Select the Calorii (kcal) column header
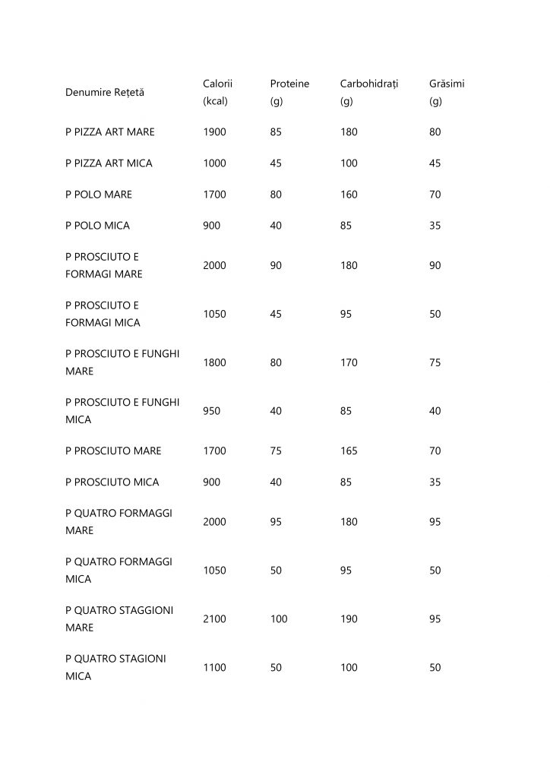tap(218, 93)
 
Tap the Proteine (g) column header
tap(289, 93)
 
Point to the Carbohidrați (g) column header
tap(369, 93)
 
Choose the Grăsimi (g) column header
tap(447, 93)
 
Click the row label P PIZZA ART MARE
tap(110, 132)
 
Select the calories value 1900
tap(215, 132)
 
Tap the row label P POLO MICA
tap(98, 226)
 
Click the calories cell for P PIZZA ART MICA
tap(215, 163)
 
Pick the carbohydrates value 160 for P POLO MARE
tap(349, 194)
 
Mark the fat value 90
tap(435, 266)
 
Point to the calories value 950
tap(213, 411)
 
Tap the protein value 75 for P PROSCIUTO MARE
tap(276, 451)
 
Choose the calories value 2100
tap(215, 620)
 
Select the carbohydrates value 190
tap(349, 620)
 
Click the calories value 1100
tap(215, 667)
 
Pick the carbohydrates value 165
tap(349, 451)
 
